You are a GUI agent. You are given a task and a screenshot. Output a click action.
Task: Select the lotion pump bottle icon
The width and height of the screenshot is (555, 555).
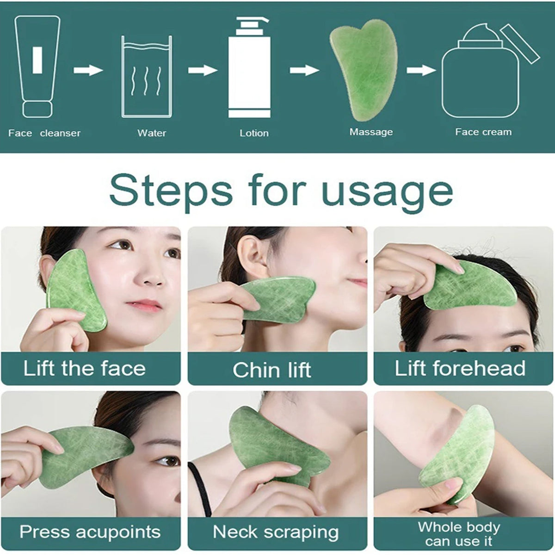[x=250, y=67]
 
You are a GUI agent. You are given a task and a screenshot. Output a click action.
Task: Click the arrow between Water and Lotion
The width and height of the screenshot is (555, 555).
[x=202, y=70]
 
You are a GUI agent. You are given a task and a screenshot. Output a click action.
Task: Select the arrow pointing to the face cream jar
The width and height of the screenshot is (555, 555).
[x=421, y=70]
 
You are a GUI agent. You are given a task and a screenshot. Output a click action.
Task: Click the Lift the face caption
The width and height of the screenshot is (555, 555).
[x=85, y=369]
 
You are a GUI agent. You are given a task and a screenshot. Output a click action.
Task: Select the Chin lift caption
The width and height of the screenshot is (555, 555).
[x=272, y=370]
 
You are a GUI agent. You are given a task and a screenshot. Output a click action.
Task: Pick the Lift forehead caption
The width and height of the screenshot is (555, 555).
[x=460, y=369]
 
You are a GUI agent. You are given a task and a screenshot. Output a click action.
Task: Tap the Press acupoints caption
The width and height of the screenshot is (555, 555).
[x=90, y=532]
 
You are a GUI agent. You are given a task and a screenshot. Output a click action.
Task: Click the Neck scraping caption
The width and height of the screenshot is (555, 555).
[x=276, y=532]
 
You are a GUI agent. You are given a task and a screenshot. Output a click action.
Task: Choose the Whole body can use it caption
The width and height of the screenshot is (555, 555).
[x=459, y=534]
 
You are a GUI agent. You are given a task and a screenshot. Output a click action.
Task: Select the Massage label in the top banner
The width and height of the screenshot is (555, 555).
[x=371, y=132]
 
